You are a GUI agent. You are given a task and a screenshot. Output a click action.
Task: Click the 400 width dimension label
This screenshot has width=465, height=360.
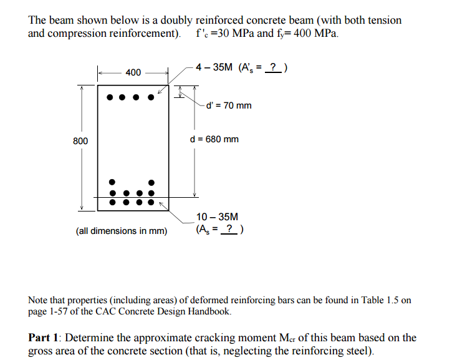pos(133,73)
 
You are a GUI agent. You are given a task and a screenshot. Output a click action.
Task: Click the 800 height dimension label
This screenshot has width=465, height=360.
pos(80,141)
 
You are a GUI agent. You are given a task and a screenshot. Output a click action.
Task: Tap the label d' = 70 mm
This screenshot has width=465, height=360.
pos(229,105)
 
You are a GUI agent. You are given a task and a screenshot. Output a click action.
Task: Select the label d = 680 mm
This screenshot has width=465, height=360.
pos(214,139)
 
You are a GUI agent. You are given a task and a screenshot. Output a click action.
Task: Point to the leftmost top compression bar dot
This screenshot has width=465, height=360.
pos(110,97)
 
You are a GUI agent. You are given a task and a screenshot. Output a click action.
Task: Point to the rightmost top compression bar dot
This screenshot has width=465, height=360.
pos(150,97)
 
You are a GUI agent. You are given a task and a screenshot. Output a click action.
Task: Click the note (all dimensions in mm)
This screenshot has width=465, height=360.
pos(122,231)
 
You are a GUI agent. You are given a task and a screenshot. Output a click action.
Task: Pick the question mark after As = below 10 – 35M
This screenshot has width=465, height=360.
pos(231,230)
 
